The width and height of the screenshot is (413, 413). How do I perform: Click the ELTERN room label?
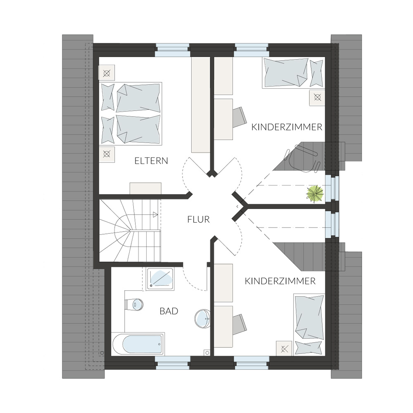coord(151,161)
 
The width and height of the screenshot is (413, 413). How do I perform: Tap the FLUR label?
coord(198,219)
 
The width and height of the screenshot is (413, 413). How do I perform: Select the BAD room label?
coord(169,311)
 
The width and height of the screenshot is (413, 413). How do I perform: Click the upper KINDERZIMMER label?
coord(287,127)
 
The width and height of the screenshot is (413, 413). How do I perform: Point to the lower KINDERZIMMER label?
coord(280,281)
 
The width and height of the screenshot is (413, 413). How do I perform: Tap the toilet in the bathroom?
coord(134,304)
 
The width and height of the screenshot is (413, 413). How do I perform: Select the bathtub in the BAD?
coord(138,344)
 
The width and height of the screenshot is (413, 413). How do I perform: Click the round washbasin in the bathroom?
coord(202,318)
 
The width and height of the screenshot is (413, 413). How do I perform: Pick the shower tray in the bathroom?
coord(160,279)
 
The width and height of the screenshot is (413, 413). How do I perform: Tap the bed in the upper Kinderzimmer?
coord(293,73)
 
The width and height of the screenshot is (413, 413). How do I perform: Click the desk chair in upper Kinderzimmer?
coord(240,117)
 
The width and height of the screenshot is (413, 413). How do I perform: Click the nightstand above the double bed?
coord(107,73)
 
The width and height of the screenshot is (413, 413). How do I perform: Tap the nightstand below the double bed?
coord(107,154)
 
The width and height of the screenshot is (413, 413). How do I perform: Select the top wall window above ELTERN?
coord(173,50)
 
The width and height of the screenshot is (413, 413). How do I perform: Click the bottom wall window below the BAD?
coord(173,363)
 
